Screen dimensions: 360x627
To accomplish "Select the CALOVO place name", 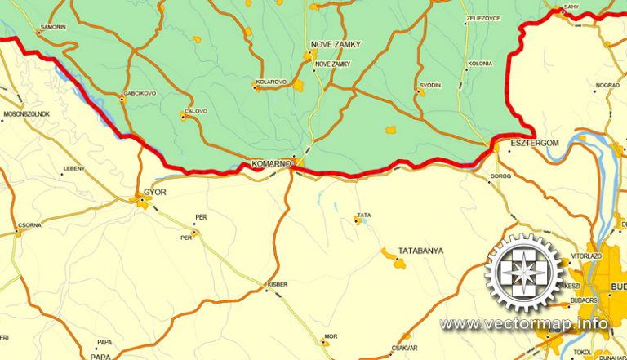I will coord(196,111).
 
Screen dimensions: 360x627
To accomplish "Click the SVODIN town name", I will coord(430,85).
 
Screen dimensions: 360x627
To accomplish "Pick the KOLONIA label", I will coord(480,64).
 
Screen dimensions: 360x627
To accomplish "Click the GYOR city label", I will coord(154,193).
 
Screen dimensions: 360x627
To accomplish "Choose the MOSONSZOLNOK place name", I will coord(27,113).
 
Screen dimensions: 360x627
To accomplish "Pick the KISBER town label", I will coord(278,284).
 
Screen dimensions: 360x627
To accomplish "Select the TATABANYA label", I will coord(420,251).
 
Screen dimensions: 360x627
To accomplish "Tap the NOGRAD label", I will coord(607,85).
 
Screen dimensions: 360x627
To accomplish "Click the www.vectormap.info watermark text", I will coord(524,324).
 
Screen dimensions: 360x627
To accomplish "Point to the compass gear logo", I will coord(525,273).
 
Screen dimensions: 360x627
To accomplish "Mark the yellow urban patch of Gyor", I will coord(142,201).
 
